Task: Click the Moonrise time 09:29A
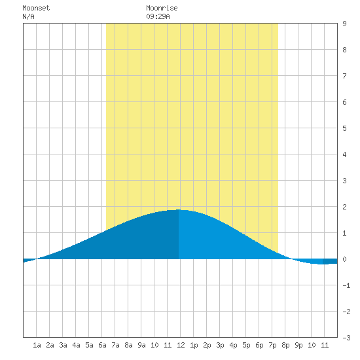tap(158, 16)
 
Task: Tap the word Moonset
tap(36, 8)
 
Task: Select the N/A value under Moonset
tap(28, 16)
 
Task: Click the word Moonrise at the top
tap(162, 8)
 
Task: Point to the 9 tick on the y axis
tap(344, 24)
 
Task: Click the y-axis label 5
tap(344, 128)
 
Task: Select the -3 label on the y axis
tap(346, 338)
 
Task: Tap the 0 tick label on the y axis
tap(344, 259)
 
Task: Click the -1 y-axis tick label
tap(346, 285)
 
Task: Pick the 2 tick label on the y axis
tap(344, 207)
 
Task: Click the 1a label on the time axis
tap(37, 345)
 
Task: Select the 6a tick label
tap(102, 345)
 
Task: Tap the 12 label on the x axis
tap(181, 345)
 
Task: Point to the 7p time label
tap(272, 345)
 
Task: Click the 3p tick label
tap(220, 345)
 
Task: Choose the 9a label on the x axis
tap(141, 345)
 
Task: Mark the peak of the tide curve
tap(179, 209)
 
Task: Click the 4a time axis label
tap(76, 345)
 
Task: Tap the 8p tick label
tap(285, 345)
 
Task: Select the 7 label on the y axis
tap(344, 76)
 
